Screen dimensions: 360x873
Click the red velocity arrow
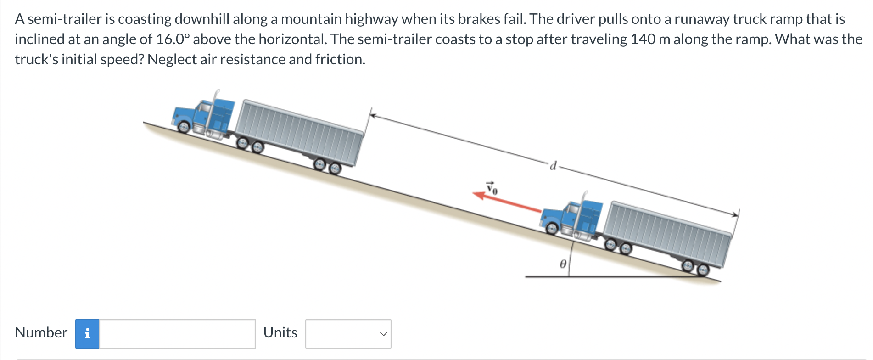coord(507,203)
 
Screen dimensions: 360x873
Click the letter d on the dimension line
coord(554,165)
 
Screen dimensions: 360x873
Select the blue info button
coord(87,333)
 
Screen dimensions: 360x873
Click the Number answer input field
coord(177,333)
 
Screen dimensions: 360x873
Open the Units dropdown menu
coord(348,333)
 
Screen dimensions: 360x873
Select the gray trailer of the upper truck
coord(301,133)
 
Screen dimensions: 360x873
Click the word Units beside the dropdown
coord(280,332)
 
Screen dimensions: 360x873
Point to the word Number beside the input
coord(41,332)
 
